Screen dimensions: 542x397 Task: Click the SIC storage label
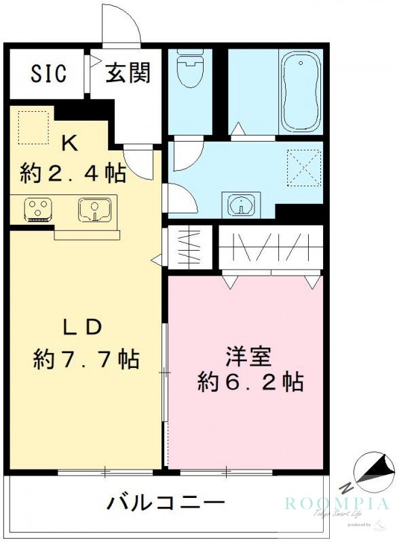(48, 73)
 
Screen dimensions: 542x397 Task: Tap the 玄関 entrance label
(128, 72)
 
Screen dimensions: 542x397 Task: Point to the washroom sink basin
(240, 205)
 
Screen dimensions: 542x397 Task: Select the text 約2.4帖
(73, 173)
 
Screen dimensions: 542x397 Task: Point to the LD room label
(82, 327)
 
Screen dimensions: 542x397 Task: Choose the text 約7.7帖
(86, 358)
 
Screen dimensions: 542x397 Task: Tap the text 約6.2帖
(250, 383)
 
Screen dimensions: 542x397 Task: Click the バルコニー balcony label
(165, 503)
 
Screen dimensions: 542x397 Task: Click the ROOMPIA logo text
(337, 503)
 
